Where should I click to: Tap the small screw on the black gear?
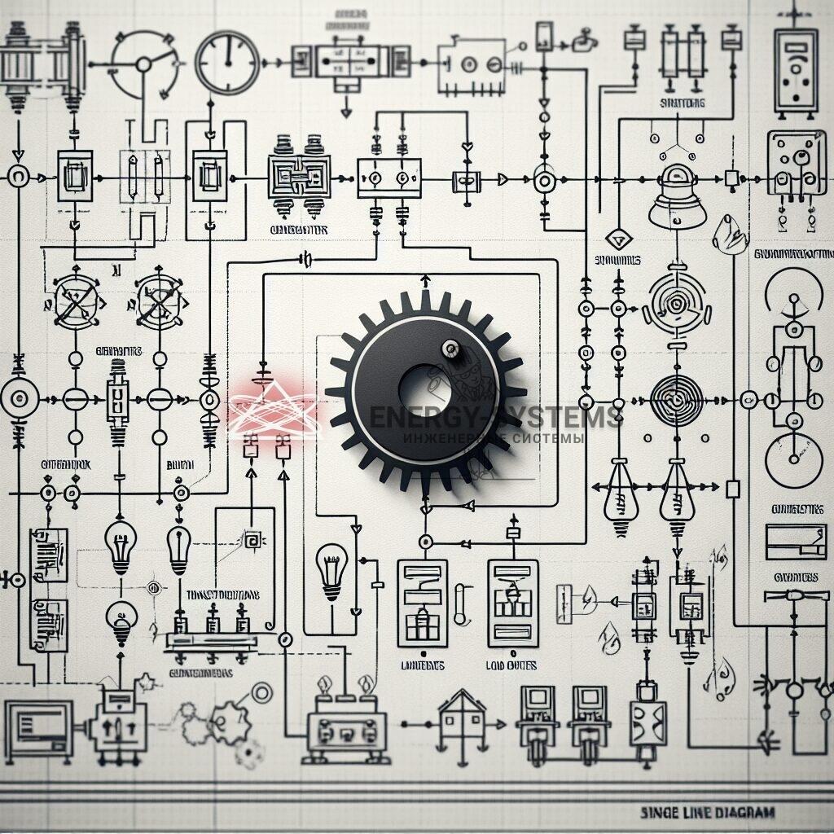point(449,349)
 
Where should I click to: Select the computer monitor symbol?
point(38,725)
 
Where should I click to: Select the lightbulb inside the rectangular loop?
point(332,569)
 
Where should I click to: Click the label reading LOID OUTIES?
point(511,665)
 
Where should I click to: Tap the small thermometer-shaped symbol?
point(461,604)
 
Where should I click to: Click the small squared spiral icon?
point(253,540)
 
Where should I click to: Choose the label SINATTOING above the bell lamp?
point(683,103)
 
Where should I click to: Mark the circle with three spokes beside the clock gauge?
point(144,64)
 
